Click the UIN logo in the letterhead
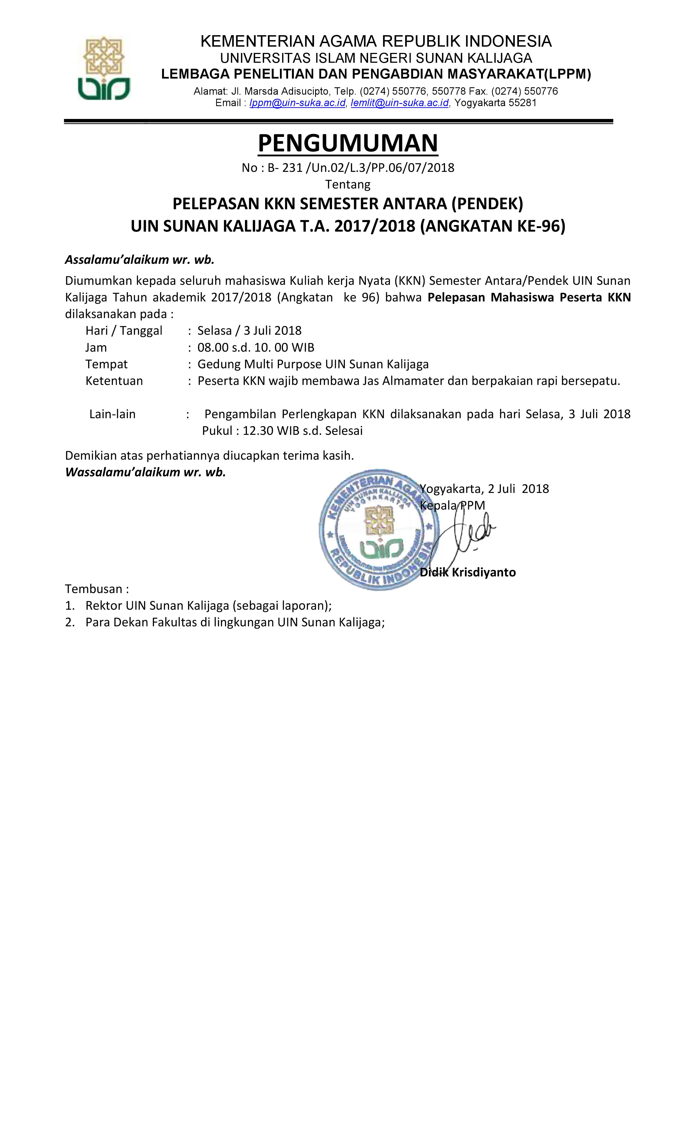(x=103, y=68)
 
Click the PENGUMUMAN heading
(x=348, y=143)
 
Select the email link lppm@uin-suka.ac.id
(x=297, y=103)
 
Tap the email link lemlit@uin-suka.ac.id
(x=399, y=103)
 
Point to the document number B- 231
(x=285, y=168)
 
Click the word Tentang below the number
(x=348, y=185)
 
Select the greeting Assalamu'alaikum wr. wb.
(x=140, y=259)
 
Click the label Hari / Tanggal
(x=124, y=331)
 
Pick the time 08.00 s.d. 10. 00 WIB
(x=256, y=348)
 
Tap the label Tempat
(x=106, y=364)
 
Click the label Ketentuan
(x=114, y=381)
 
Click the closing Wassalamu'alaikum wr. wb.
(x=145, y=472)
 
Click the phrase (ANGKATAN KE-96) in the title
(x=492, y=226)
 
